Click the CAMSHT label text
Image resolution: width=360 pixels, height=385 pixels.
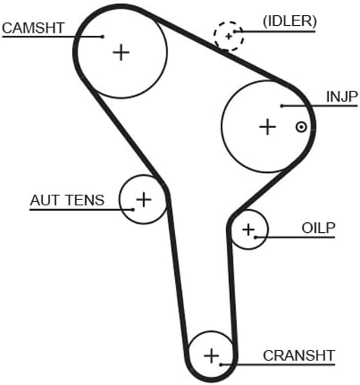click(33, 28)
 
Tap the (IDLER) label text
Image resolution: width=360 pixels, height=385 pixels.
click(290, 21)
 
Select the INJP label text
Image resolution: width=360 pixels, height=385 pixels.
click(342, 97)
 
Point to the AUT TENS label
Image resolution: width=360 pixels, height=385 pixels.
click(67, 200)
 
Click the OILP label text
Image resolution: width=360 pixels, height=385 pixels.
click(318, 228)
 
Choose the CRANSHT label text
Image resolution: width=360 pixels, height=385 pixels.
click(299, 355)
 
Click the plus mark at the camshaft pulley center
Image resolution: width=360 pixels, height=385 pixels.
click(121, 52)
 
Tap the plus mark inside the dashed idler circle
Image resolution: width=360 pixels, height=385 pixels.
click(228, 37)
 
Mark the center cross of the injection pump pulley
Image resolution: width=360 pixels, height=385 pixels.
click(267, 126)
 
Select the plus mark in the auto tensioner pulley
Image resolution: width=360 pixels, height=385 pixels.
click(144, 199)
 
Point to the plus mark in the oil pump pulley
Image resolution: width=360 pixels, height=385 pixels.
click(248, 229)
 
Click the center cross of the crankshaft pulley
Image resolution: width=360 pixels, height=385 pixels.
click(212, 355)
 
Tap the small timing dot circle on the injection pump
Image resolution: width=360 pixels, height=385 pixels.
click(301, 127)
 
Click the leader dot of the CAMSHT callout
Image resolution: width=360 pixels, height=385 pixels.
click(103, 37)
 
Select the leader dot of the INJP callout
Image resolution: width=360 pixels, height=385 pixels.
click(282, 106)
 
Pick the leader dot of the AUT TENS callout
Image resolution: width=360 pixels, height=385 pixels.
click(132, 209)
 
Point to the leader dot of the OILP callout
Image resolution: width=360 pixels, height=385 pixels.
click(256, 237)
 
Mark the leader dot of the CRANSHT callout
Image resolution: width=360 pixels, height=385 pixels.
click(221, 364)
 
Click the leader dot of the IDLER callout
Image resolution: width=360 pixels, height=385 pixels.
click(235, 32)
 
